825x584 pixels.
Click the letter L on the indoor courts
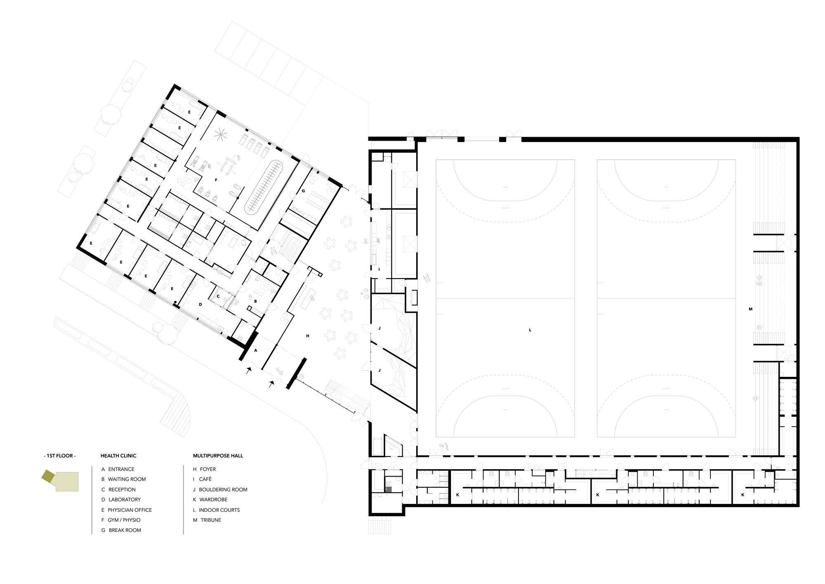[x=530, y=330]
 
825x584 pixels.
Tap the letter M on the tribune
[x=751, y=309]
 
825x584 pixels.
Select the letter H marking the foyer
[x=308, y=336]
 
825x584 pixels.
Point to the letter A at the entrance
[x=256, y=350]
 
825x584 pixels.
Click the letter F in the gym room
[x=216, y=180]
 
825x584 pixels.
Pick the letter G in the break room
[x=303, y=191]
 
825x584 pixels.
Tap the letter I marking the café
[x=379, y=269]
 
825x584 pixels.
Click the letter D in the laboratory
[x=200, y=305]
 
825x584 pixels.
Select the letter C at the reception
[x=218, y=296]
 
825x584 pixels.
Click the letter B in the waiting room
[x=255, y=301]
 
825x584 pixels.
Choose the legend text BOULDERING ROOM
[x=223, y=489]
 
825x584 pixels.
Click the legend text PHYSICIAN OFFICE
[x=130, y=510]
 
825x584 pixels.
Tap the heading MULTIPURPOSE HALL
[x=218, y=456]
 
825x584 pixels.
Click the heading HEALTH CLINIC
[x=118, y=456]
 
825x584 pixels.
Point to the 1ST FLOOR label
[x=60, y=456]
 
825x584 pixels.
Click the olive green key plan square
[x=47, y=476]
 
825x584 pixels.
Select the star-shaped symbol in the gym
[x=221, y=134]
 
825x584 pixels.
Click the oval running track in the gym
[x=263, y=187]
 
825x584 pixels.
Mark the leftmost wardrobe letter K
[x=457, y=494]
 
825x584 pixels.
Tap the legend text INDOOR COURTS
[x=219, y=510]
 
